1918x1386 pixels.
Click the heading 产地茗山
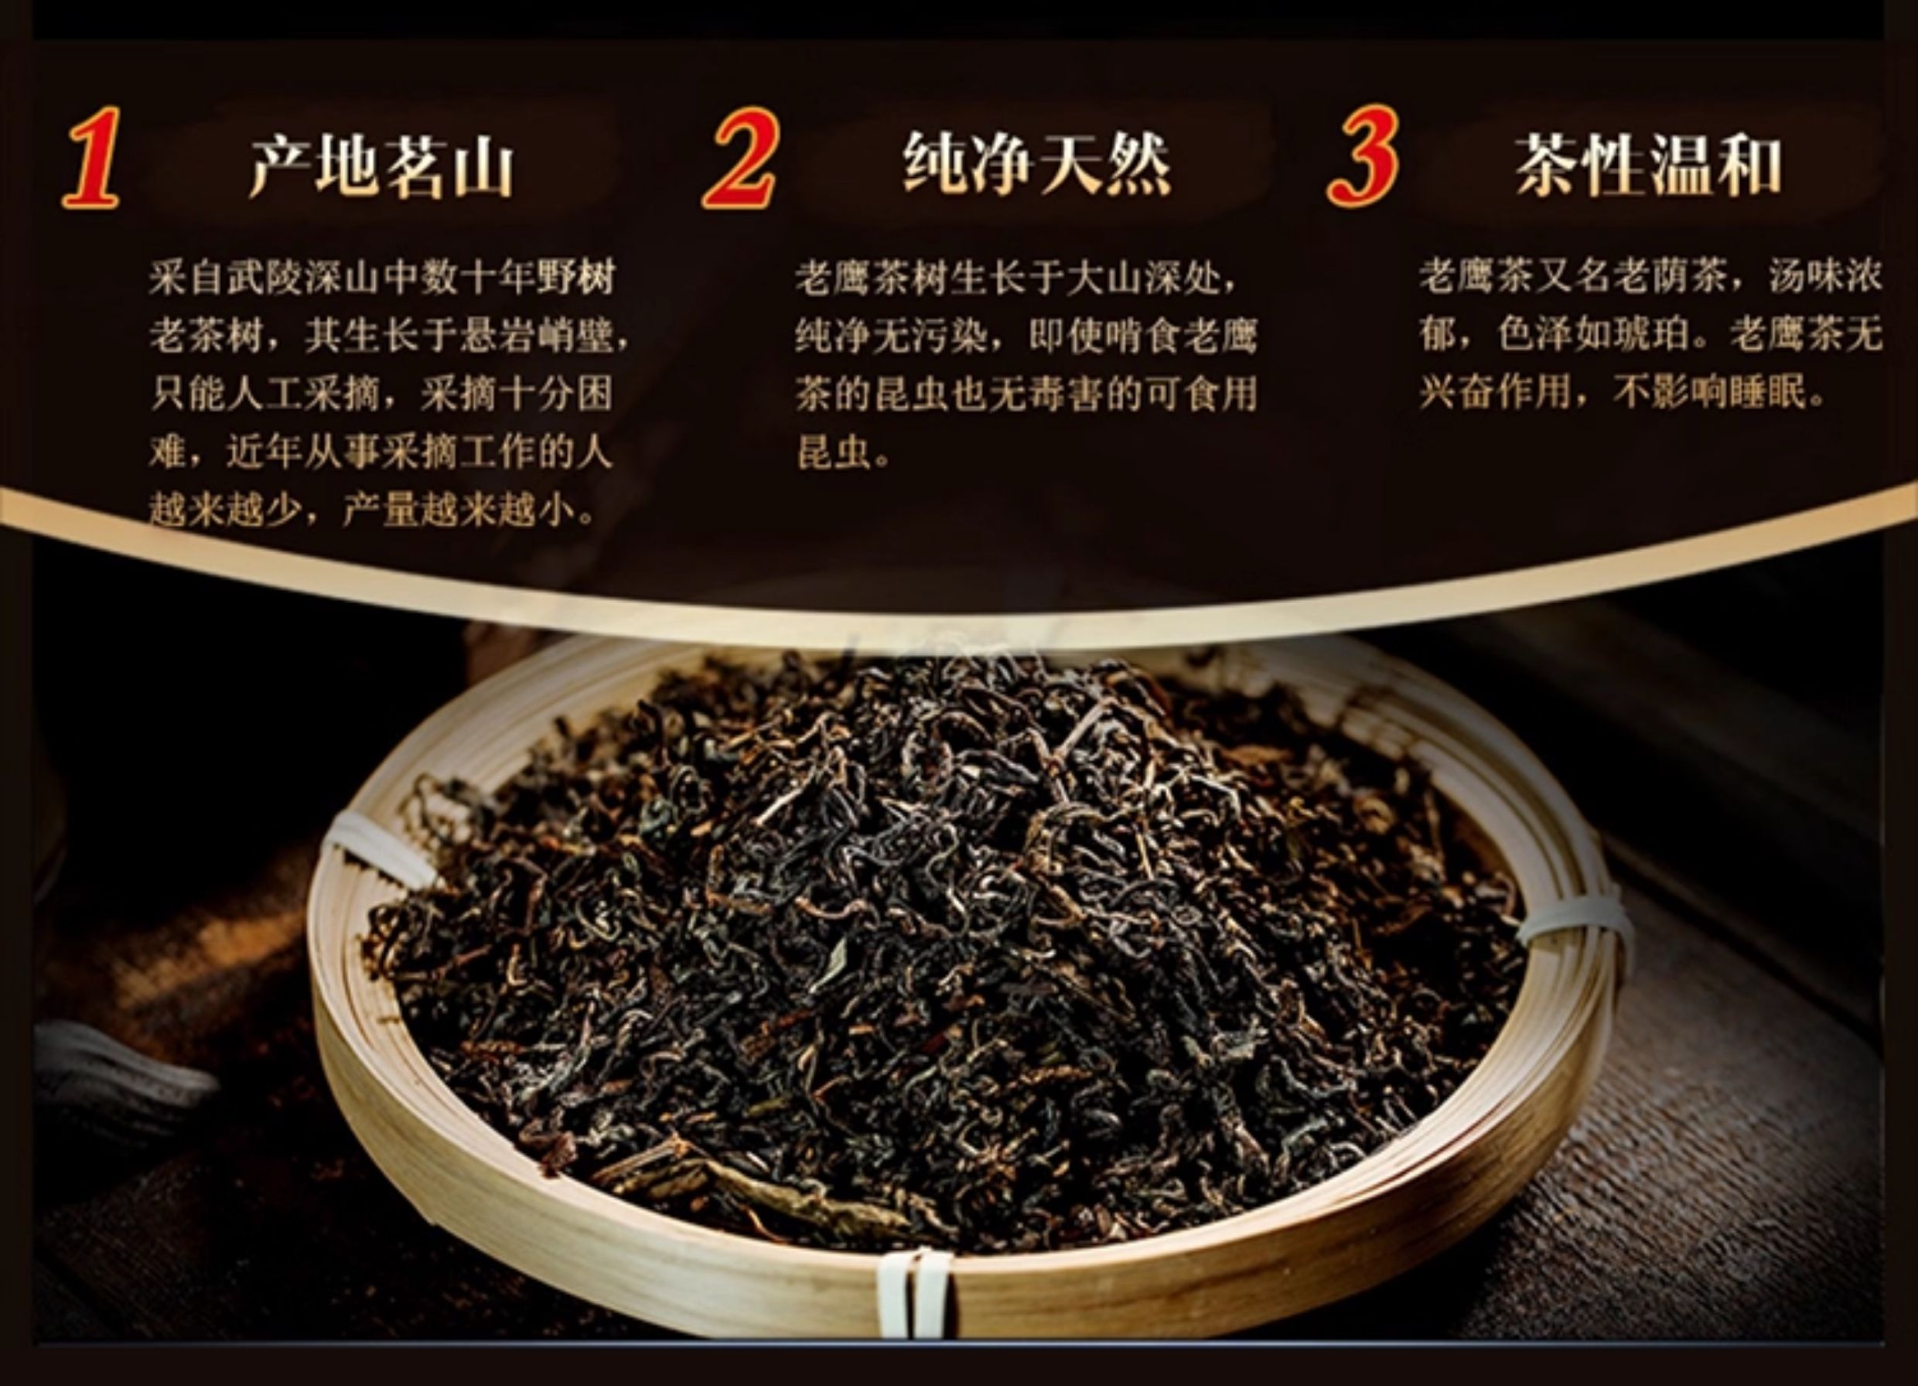[x=381, y=166]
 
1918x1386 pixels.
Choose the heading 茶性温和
[x=1648, y=165]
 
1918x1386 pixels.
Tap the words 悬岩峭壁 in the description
[x=535, y=336]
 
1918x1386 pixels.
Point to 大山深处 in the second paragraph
[x=1142, y=278]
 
